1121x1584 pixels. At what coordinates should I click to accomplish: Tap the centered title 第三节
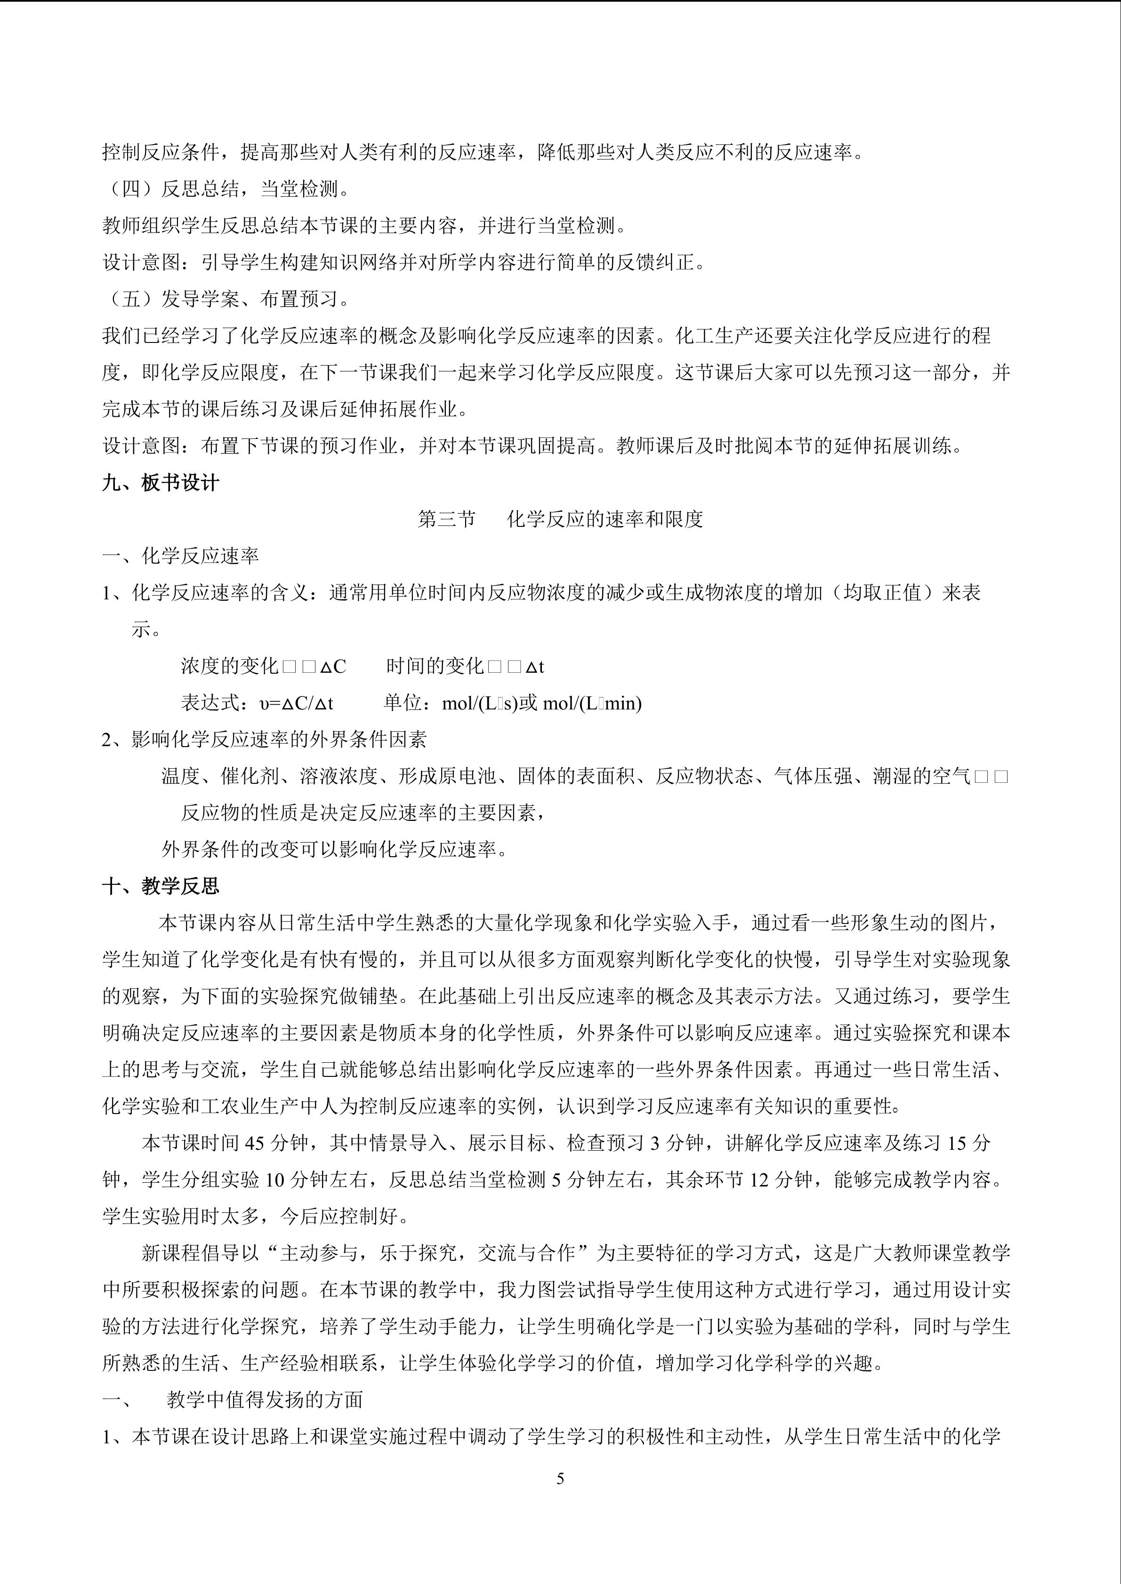447,519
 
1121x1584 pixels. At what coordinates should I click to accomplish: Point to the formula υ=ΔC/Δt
296,703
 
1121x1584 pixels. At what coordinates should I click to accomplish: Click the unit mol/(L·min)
592,703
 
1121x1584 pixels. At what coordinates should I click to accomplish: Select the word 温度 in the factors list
180,776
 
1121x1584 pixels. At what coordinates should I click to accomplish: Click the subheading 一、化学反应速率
180,556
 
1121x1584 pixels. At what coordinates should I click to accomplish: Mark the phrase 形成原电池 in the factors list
447,776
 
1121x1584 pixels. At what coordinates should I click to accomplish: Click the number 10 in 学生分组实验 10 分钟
274,1180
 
